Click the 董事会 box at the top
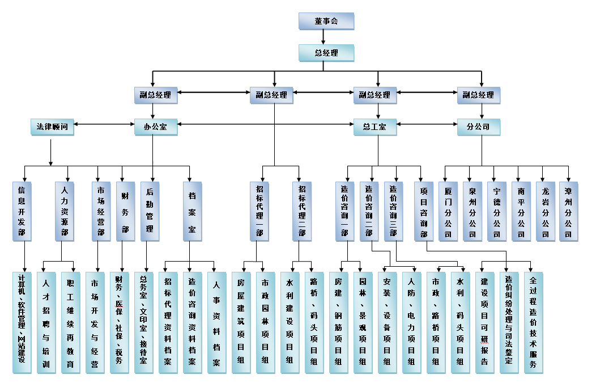[x=326, y=21]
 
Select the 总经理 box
[x=326, y=53]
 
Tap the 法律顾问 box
[x=52, y=127]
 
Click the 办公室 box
[x=156, y=127]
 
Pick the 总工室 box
[x=375, y=127]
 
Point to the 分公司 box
[x=479, y=127]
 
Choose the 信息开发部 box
[x=22, y=211]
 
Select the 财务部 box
[x=125, y=211]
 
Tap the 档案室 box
[x=193, y=211]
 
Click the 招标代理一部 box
[x=259, y=211]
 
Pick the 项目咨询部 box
[x=424, y=211]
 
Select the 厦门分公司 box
[x=448, y=211]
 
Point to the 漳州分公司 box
[x=568, y=211]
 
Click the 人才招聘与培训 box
[x=46, y=322]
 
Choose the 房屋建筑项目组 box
[x=241, y=322]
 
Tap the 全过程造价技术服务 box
[x=533, y=322]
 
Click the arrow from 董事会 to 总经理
[x=323, y=37]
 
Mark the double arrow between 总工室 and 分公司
[x=427, y=124]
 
